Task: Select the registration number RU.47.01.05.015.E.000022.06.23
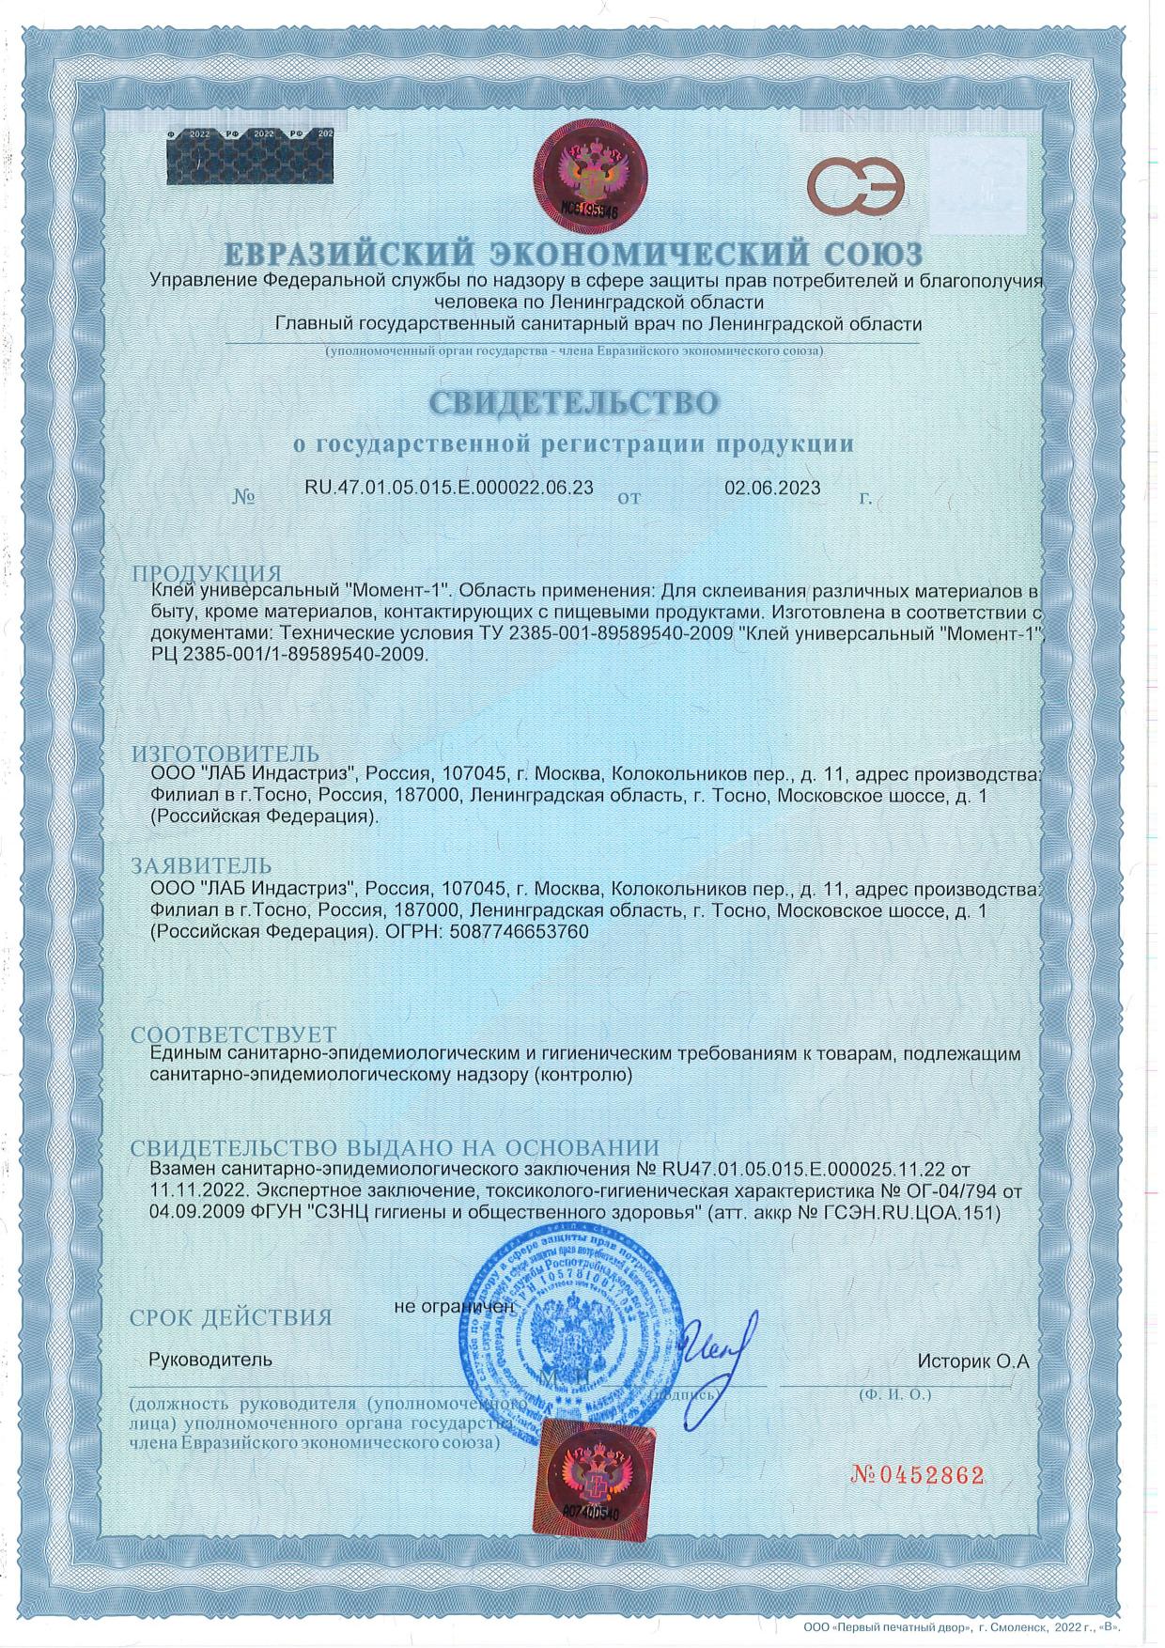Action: (449, 487)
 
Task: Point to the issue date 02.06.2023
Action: (772, 488)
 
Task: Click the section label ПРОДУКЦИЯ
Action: (207, 573)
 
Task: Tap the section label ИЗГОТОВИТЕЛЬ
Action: (225, 754)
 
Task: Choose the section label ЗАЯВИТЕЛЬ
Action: (202, 865)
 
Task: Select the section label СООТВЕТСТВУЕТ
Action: (233, 1036)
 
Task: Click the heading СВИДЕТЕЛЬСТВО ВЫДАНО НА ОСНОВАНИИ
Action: (395, 1148)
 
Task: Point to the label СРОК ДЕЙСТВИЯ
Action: (231, 1317)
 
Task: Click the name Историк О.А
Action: (974, 1360)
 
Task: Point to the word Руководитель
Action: (210, 1360)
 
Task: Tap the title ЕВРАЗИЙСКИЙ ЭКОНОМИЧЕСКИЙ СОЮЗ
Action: (573, 254)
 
